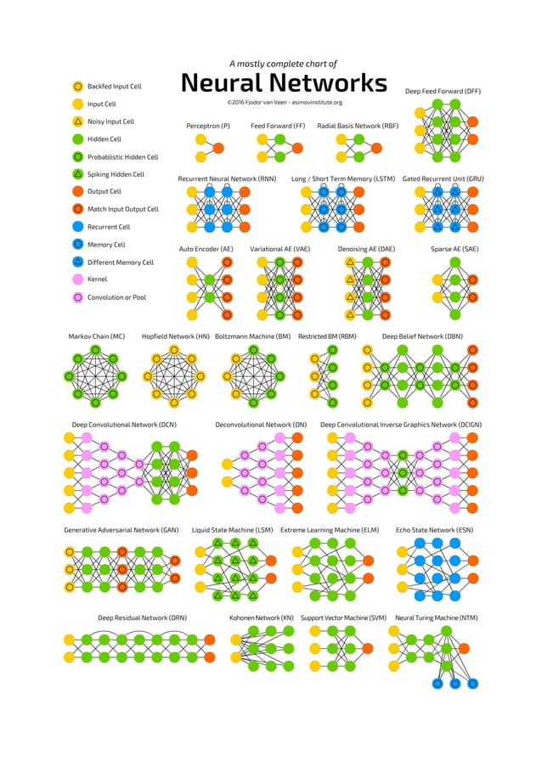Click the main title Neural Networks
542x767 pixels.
click(284, 83)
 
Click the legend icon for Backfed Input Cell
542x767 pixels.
click(77, 86)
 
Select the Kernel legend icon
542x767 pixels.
click(77, 279)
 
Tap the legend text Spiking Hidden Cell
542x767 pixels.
click(116, 174)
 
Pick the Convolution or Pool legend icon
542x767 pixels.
click(77, 297)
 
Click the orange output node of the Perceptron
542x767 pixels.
click(218, 148)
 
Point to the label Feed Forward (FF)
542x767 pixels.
click(278, 126)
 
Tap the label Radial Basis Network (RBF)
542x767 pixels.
click(357, 126)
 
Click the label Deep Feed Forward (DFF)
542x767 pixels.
click(443, 90)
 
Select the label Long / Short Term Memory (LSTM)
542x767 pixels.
click(343, 179)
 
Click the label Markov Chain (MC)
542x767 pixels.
click(96, 336)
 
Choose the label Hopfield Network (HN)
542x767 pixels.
click(175, 336)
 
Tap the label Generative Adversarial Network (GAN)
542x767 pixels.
click(121, 530)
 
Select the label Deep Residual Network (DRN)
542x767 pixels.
click(142, 618)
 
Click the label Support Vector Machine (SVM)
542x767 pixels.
click(343, 618)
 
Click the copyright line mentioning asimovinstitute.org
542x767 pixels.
click(284, 103)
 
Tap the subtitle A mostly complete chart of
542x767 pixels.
click(284, 64)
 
